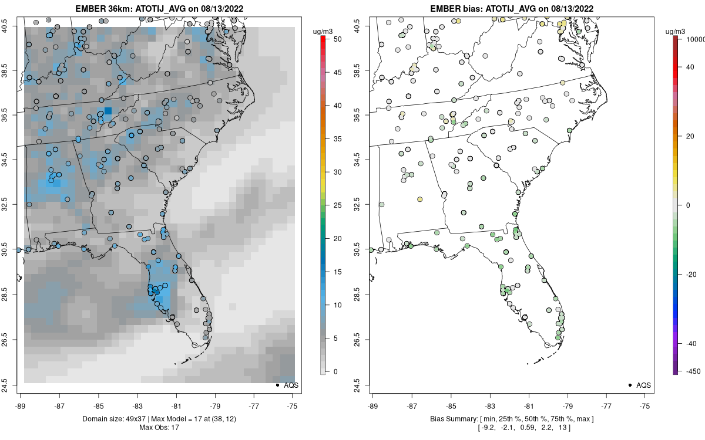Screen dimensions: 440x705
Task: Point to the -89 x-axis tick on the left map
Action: pos(21,405)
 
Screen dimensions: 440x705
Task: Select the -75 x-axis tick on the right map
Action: pos(646,405)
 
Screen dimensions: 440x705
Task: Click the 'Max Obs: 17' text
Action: pos(159,428)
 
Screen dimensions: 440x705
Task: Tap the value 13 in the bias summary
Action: pos(568,428)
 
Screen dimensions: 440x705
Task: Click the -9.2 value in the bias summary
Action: pos(486,428)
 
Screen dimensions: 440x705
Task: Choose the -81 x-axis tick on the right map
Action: pos(529,405)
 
